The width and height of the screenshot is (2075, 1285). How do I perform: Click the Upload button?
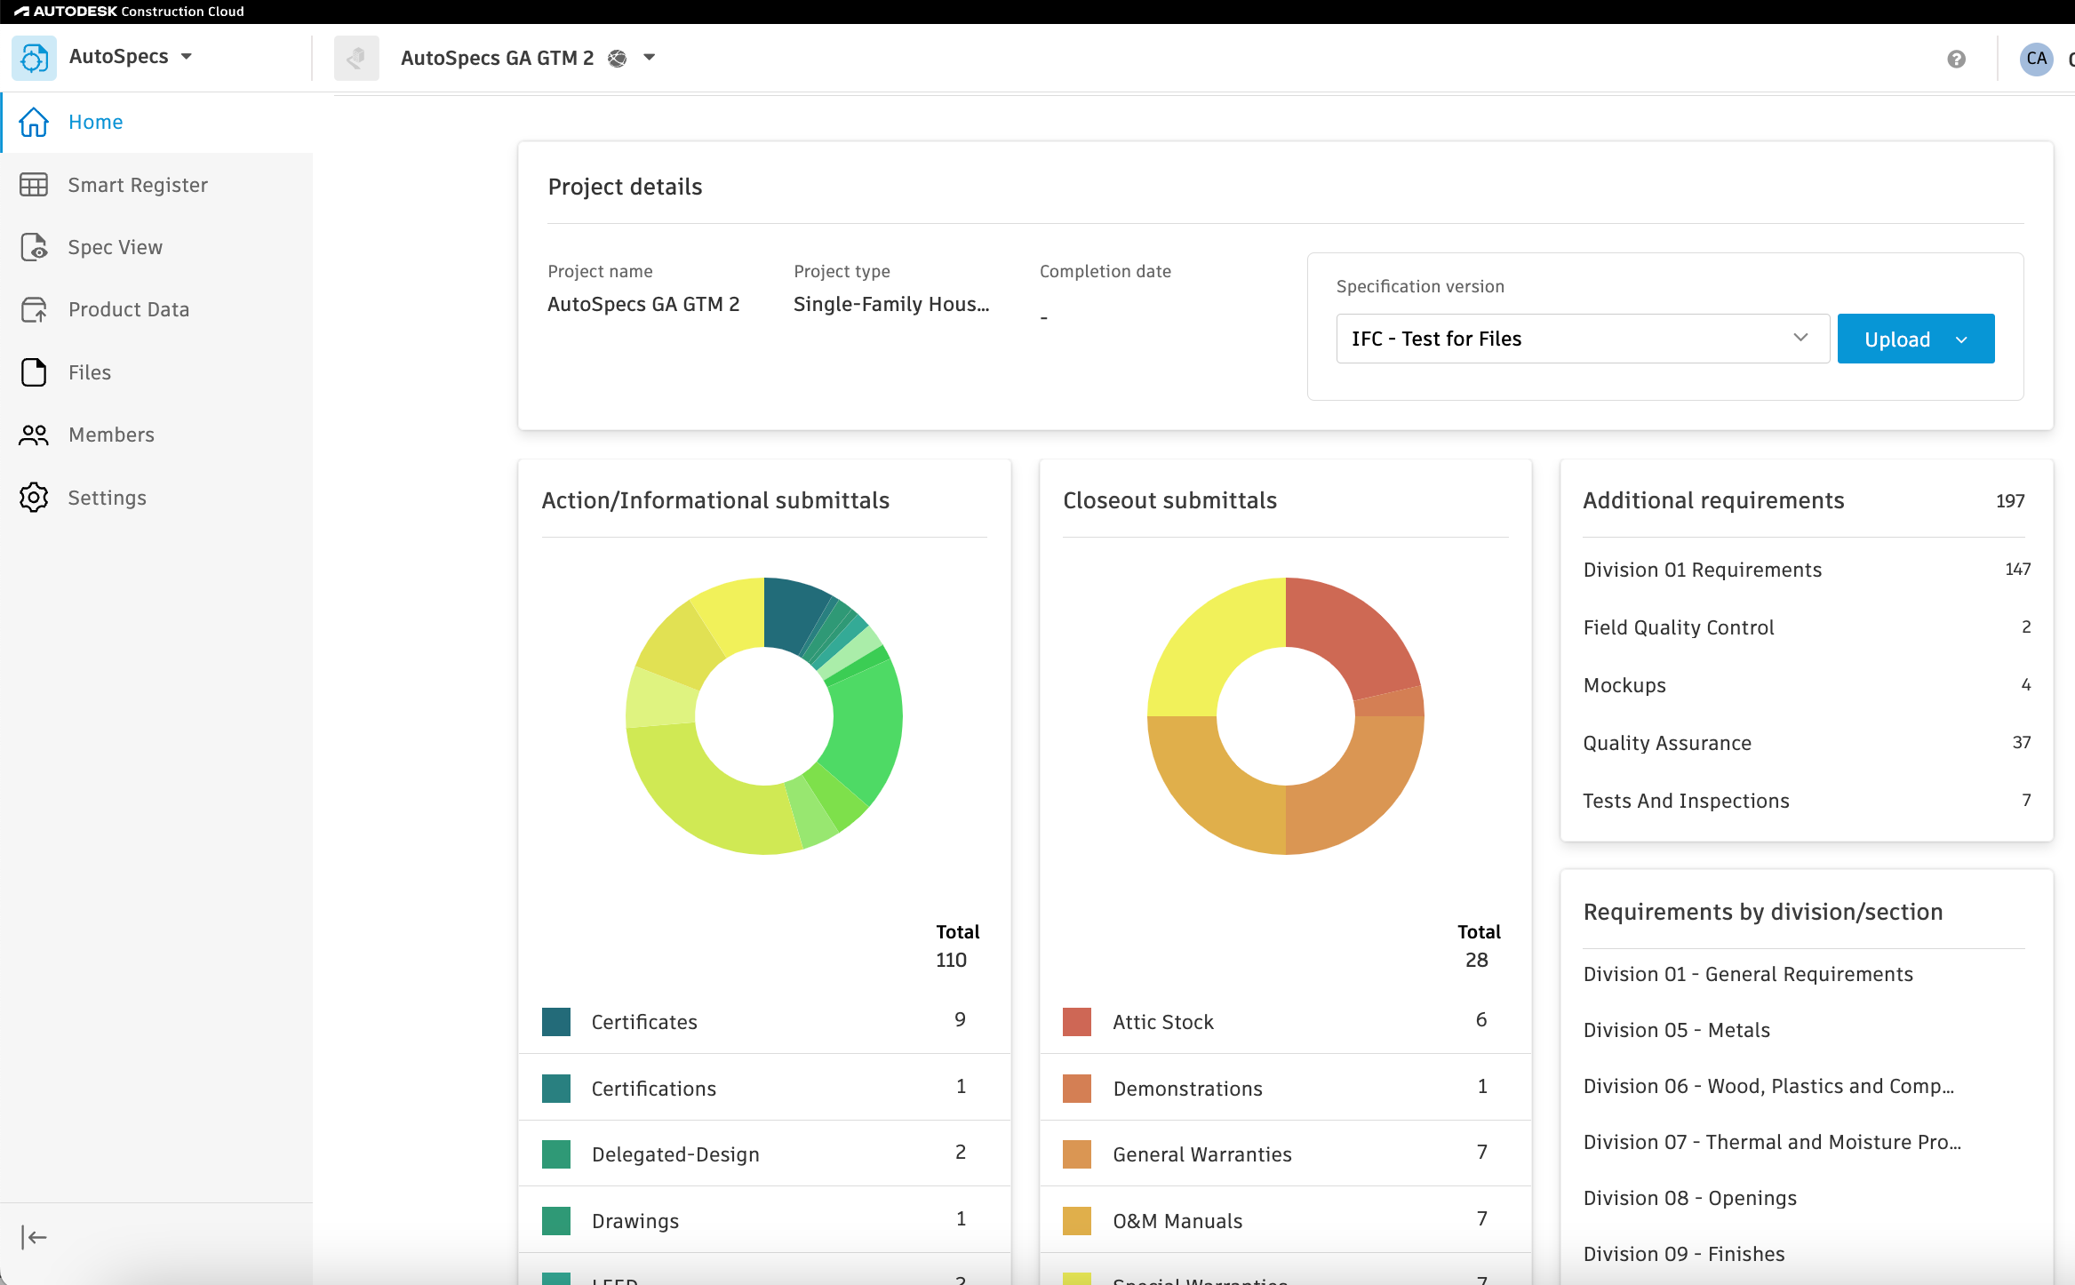pos(1915,339)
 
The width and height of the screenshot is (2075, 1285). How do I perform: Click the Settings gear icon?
pos(34,498)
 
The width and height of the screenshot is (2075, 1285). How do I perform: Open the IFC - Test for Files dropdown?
pos(1582,339)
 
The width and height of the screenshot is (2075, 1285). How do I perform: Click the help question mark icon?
pos(1956,59)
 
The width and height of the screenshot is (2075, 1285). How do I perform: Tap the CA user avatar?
pos(2037,59)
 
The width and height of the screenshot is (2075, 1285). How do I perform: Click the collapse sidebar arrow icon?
pos(34,1237)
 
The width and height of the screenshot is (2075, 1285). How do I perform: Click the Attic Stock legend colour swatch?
pos(1077,1022)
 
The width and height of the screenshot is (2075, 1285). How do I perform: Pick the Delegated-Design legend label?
pos(675,1154)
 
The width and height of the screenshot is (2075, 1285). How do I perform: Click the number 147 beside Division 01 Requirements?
pos(2017,569)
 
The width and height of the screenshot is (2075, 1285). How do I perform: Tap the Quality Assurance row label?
pos(1667,743)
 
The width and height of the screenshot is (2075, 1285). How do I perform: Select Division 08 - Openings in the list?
pos(1690,1198)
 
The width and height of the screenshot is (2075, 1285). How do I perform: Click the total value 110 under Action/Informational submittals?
pos(951,960)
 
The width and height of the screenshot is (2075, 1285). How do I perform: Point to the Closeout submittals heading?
pos(1170,500)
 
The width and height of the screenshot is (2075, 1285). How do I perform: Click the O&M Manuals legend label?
pos(1177,1221)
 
